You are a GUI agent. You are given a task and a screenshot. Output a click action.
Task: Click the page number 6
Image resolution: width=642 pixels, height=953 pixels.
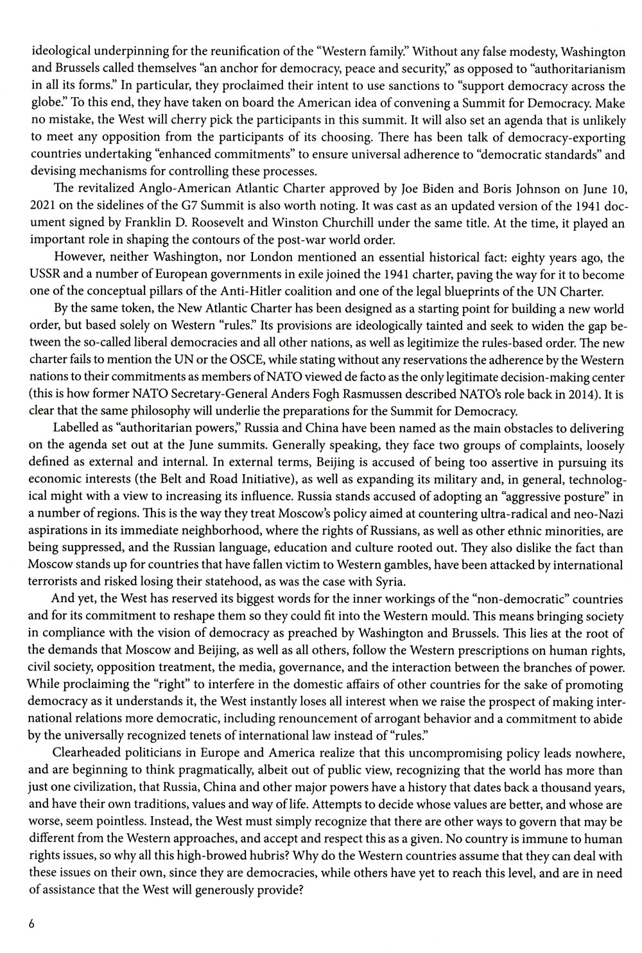[31, 924]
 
